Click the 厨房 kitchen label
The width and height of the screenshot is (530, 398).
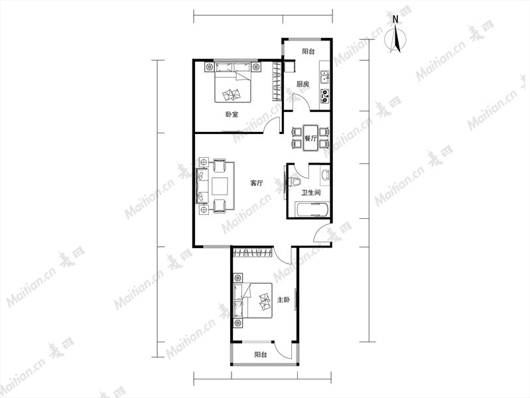302,84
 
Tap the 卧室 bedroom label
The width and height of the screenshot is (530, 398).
232,114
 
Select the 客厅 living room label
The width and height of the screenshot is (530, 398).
257,183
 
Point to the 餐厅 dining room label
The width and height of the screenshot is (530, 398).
310,138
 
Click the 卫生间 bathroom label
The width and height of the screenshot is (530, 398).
311,193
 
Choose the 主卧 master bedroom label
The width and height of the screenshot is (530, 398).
283,300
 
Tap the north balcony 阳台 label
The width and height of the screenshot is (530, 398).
308,51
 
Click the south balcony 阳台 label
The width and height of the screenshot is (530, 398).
261,355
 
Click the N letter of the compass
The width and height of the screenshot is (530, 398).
395,20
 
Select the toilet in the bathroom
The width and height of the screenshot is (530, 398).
294,182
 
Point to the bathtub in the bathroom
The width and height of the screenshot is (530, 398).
312,210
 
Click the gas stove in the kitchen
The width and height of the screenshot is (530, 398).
325,96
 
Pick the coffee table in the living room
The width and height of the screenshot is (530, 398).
220,186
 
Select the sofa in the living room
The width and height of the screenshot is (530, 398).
202,186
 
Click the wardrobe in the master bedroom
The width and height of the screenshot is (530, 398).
253,252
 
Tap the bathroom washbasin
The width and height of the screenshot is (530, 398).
325,174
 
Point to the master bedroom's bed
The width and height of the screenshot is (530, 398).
253,300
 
